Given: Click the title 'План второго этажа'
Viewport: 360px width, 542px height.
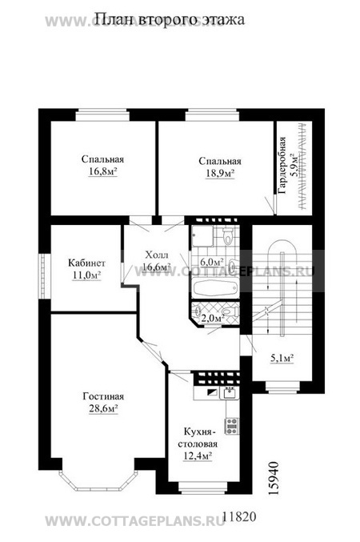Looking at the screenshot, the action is point(170,20).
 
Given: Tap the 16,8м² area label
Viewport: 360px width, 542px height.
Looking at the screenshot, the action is point(102,171).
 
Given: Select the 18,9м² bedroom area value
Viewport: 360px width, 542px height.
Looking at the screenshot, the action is point(220,173).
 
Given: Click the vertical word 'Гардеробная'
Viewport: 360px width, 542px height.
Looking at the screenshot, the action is point(283,165).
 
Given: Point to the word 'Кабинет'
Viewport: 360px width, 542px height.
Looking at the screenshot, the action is point(86,263).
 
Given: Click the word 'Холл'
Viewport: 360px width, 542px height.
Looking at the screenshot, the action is point(157,255).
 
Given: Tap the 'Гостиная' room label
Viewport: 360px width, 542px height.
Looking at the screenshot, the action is point(103,396).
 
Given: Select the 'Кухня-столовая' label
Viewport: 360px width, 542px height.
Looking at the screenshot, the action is point(198,438).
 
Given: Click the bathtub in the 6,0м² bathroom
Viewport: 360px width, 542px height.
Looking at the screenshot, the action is point(214,287).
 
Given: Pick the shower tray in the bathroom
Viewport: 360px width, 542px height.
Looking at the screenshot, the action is point(202,235).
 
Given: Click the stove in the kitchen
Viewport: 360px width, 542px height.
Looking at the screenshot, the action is point(232,426).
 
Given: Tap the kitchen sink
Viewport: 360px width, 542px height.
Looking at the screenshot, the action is point(230,393).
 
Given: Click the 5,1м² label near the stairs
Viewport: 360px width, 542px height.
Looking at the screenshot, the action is point(282,359).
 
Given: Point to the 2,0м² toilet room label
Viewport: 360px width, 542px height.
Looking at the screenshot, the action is point(213,319).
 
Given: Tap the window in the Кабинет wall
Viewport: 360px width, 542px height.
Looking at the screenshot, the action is point(45,275).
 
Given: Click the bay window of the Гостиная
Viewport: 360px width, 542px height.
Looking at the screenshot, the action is point(97,480).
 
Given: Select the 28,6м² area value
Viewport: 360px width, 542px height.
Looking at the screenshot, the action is point(104,409).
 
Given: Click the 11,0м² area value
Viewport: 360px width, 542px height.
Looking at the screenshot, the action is point(86,275).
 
